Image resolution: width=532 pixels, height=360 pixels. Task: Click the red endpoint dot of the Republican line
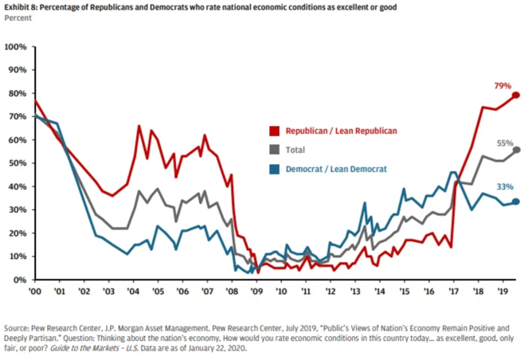click(516, 96)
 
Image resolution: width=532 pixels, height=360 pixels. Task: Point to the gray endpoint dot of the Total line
click(517, 150)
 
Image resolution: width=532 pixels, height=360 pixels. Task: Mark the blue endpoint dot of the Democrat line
click(516, 202)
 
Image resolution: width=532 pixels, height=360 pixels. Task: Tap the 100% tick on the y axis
click(16, 47)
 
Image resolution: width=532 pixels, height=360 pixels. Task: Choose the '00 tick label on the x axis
click(34, 292)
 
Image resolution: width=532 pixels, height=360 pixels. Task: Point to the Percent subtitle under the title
click(18, 18)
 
